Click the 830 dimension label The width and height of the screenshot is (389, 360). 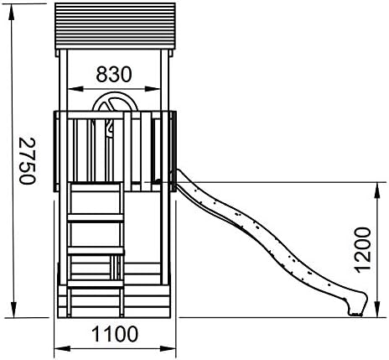[113, 75]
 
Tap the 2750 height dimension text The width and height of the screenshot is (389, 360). [28, 161]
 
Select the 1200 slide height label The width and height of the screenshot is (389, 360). [362, 249]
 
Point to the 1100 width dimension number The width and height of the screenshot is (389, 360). [115, 334]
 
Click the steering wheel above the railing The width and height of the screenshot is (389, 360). [115, 102]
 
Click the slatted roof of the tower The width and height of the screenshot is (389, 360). [115, 26]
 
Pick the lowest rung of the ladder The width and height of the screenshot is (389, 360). [96, 284]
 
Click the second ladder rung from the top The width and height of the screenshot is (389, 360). [96, 218]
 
